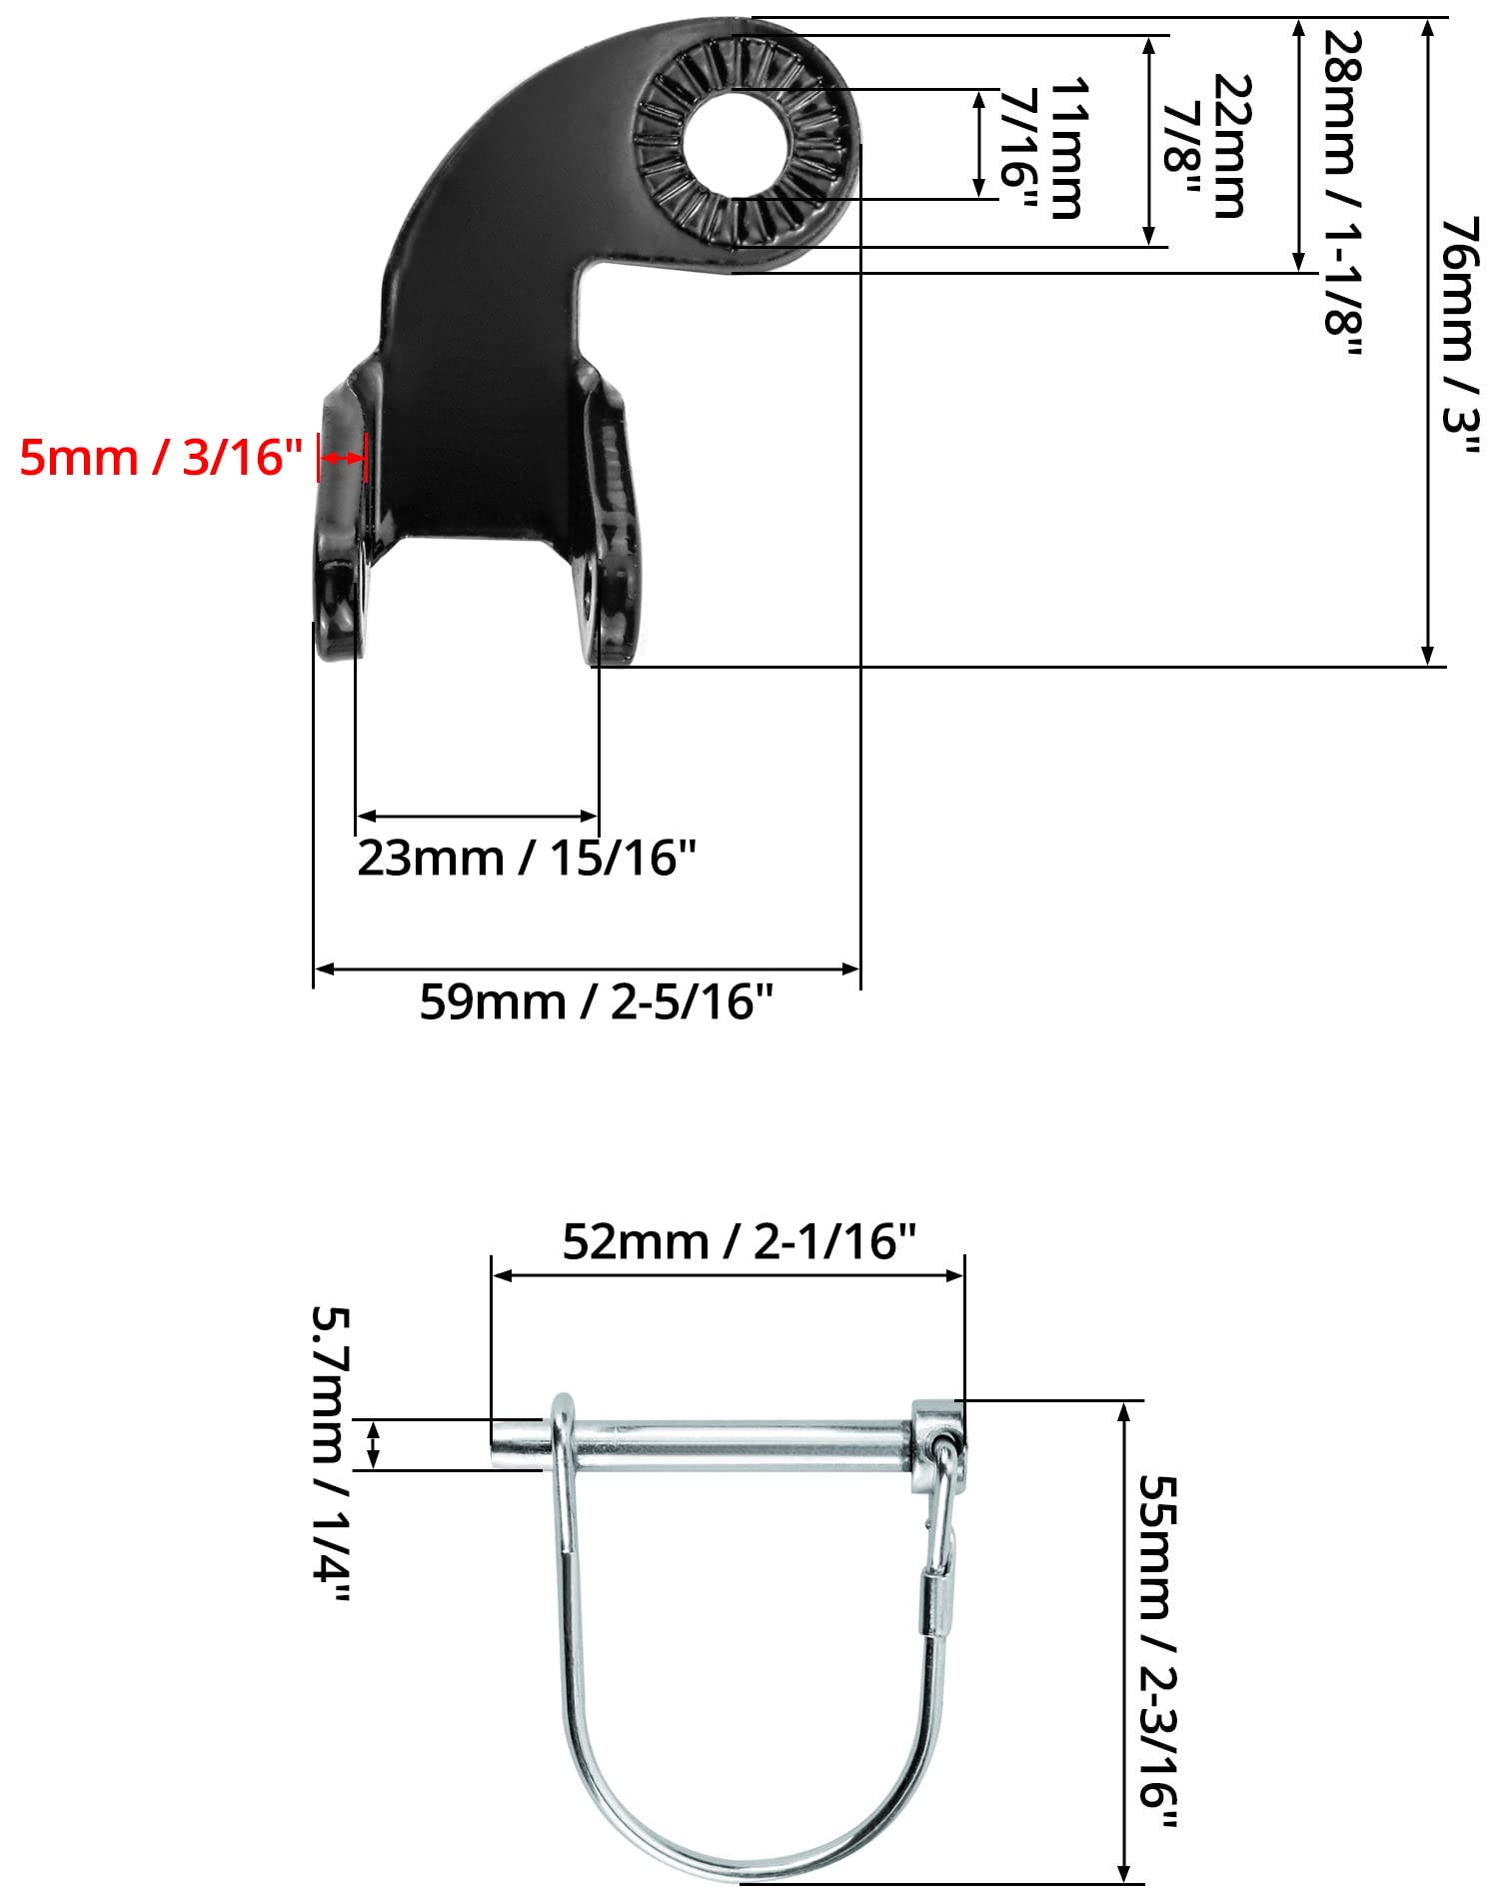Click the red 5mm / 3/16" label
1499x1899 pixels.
(x=160, y=458)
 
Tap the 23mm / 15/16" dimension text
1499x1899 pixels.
(x=526, y=858)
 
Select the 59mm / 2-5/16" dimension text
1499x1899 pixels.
(x=596, y=1001)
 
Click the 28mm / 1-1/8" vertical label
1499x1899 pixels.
(x=1342, y=193)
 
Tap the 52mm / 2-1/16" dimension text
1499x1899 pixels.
(x=739, y=1241)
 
